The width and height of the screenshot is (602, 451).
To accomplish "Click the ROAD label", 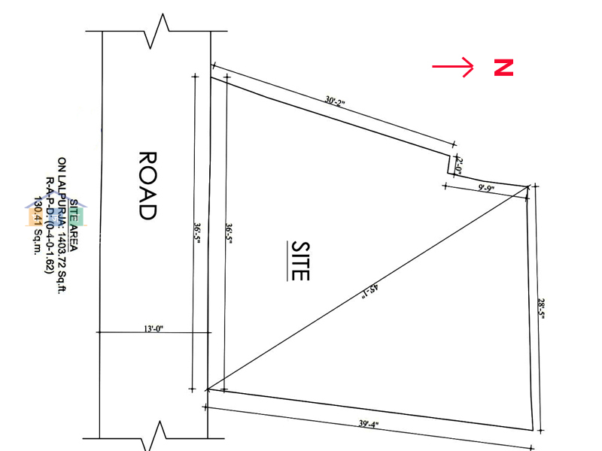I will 147,185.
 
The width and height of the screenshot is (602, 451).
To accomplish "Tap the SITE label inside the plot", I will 300,260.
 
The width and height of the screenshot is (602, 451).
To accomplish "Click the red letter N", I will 503,67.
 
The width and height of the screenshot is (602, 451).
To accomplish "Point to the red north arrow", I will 453,67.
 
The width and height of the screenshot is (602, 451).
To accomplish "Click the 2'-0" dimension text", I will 460,165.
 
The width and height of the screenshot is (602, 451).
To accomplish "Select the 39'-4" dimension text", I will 369,424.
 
